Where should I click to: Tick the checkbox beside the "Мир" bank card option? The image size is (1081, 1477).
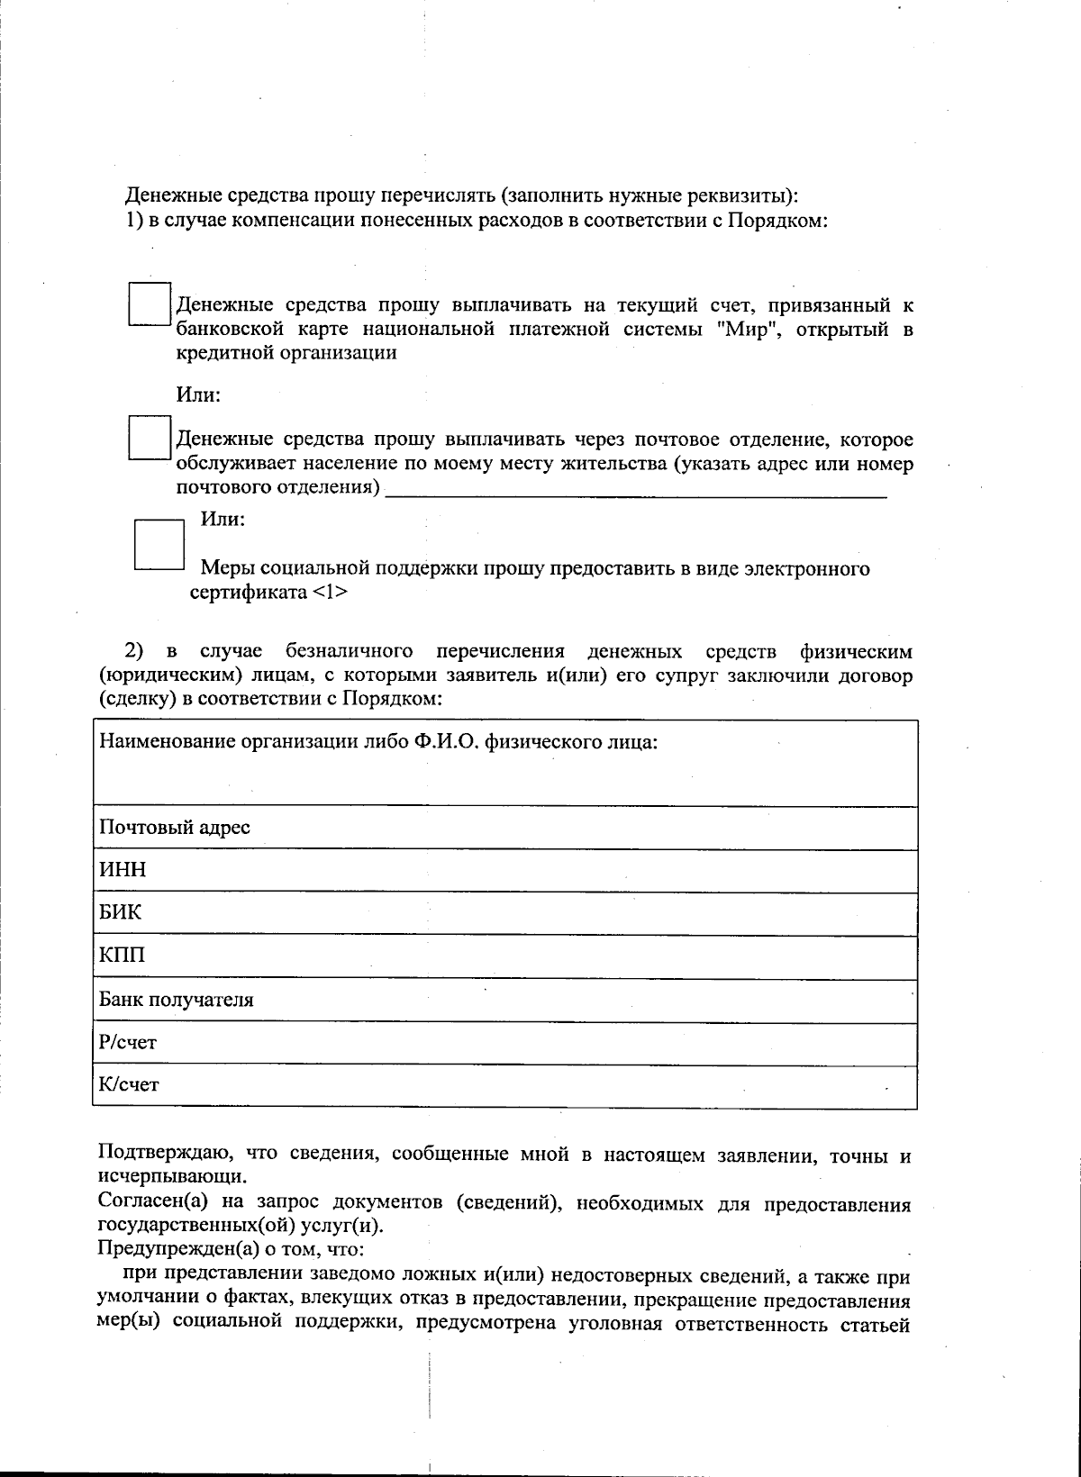coord(149,304)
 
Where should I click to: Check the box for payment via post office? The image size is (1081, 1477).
coord(149,438)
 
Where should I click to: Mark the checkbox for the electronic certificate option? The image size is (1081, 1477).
coord(159,544)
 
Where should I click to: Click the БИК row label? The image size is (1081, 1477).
coord(120,913)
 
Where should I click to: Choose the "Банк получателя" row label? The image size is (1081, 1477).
coord(176,1000)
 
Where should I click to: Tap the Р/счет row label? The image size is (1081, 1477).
coord(127,1043)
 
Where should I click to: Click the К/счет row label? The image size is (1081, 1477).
coord(128,1085)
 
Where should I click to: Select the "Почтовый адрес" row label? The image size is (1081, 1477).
coord(174,827)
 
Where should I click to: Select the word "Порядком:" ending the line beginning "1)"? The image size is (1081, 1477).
coord(777,220)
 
